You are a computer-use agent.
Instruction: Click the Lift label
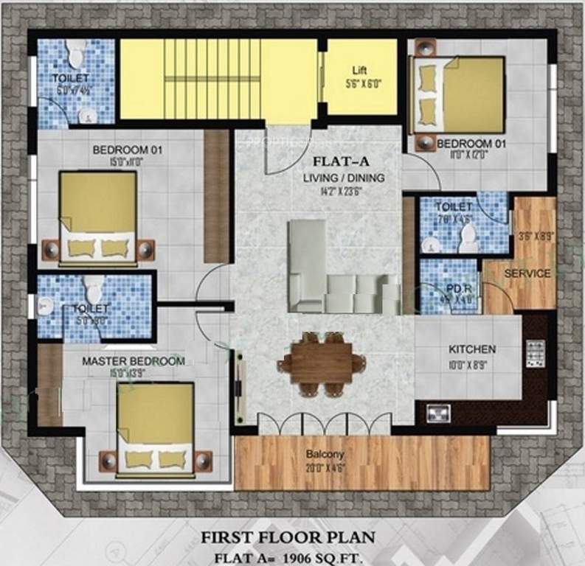tap(359, 70)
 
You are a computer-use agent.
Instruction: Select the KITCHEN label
tap(472, 349)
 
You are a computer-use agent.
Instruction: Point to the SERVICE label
tap(527, 273)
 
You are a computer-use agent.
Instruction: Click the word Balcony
tap(325, 454)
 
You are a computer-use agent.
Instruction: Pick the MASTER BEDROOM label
tap(133, 361)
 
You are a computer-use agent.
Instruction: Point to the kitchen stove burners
tap(535, 354)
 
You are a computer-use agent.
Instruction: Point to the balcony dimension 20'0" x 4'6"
tap(325, 467)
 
